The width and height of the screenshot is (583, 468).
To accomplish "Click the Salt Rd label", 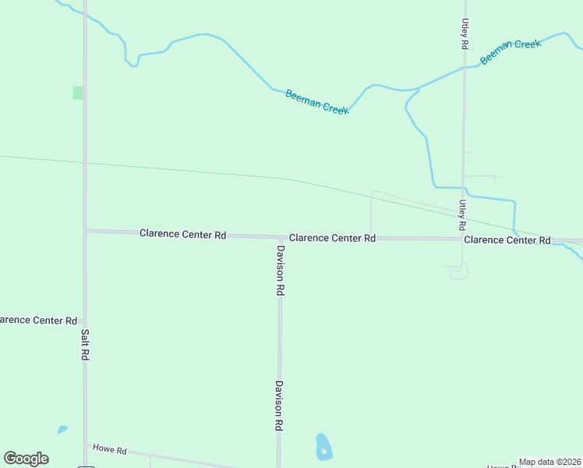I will tap(85, 344).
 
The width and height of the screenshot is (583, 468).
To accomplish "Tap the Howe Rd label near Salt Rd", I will tap(109, 448).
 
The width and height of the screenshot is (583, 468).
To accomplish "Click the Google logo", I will tap(26, 459).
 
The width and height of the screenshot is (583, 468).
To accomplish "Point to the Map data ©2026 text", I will tap(550, 462).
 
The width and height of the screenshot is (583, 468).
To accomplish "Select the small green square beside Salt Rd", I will tap(78, 93).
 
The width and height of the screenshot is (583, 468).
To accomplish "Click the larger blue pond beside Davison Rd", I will tap(323, 446).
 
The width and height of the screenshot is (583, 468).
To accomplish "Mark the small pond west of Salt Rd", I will tap(62, 429).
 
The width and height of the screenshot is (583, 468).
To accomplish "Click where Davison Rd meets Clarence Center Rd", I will tap(281, 237).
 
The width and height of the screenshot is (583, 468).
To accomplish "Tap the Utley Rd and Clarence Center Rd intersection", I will tap(463, 239).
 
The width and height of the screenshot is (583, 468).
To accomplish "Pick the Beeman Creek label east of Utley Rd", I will tap(511, 52).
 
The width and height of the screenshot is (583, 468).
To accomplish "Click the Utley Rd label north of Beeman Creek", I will tap(465, 34).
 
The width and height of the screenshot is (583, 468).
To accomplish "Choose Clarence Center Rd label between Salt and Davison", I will tap(183, 234).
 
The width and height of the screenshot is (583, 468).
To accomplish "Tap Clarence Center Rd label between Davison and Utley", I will tap(333, 238).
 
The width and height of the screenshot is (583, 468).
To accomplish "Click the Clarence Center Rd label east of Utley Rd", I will tap(507, 240).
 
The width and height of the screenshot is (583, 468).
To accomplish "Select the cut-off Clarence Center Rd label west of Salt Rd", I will tap(37, 321).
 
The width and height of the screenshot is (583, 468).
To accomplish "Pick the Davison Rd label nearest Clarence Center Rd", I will tap(280, 270).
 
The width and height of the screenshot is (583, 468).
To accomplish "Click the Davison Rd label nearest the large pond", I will tap(279, 406).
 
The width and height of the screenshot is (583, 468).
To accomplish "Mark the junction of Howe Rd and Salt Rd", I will tap(85, 445).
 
